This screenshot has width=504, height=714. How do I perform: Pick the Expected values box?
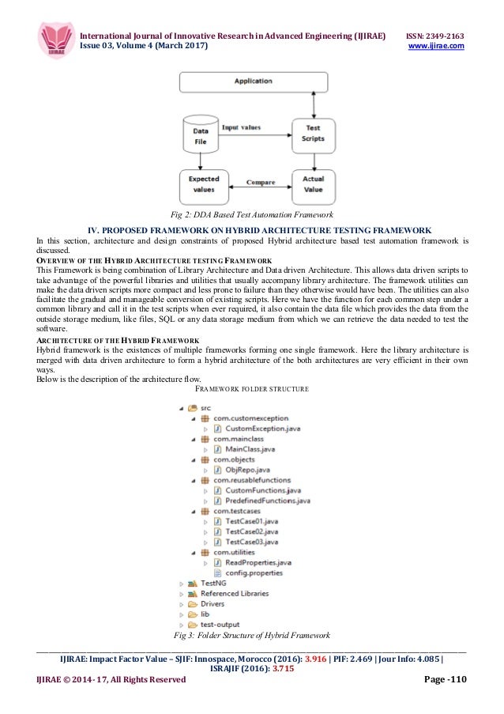point(203,184)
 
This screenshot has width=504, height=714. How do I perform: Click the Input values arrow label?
point(241,127)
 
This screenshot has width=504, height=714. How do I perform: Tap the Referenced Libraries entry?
point(234,593)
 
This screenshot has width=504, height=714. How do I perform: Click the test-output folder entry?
point(220,624)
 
